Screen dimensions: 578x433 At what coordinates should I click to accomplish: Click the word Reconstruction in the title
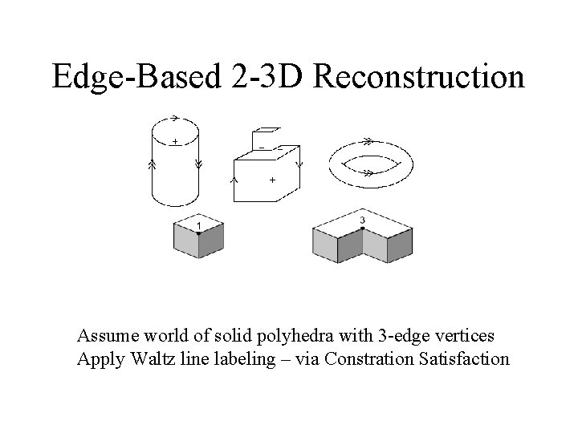click(x=421, y=77)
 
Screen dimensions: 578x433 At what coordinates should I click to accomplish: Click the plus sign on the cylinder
click(x=175, y=141)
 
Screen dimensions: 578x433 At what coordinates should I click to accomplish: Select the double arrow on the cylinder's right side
click(x=199, y=164)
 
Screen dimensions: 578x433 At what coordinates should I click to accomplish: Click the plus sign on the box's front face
click(x=272, y=180)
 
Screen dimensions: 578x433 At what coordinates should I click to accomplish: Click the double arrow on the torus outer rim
click(x=368, y=140)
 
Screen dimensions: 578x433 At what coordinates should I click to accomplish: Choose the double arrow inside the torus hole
click(x=368, y=172)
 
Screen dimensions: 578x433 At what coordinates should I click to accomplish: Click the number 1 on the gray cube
click(x=199, y=226)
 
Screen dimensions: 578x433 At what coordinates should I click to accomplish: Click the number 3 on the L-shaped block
click(x=363, y=220)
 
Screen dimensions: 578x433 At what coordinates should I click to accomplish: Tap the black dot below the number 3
click(x=363, y=229)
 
